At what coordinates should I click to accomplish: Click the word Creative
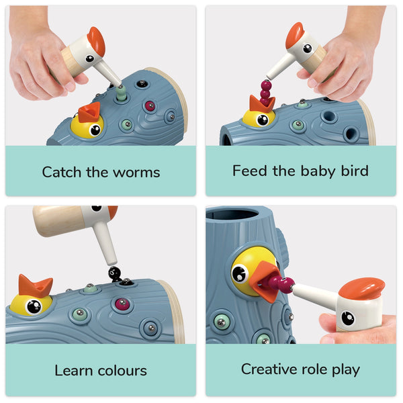point(269,369)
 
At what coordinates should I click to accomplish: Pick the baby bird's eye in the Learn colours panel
point(32,306)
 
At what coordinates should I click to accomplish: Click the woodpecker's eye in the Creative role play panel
point(347,317)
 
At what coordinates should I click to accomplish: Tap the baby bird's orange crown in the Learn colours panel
point(36,285)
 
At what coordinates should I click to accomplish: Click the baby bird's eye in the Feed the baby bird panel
point(261,120)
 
